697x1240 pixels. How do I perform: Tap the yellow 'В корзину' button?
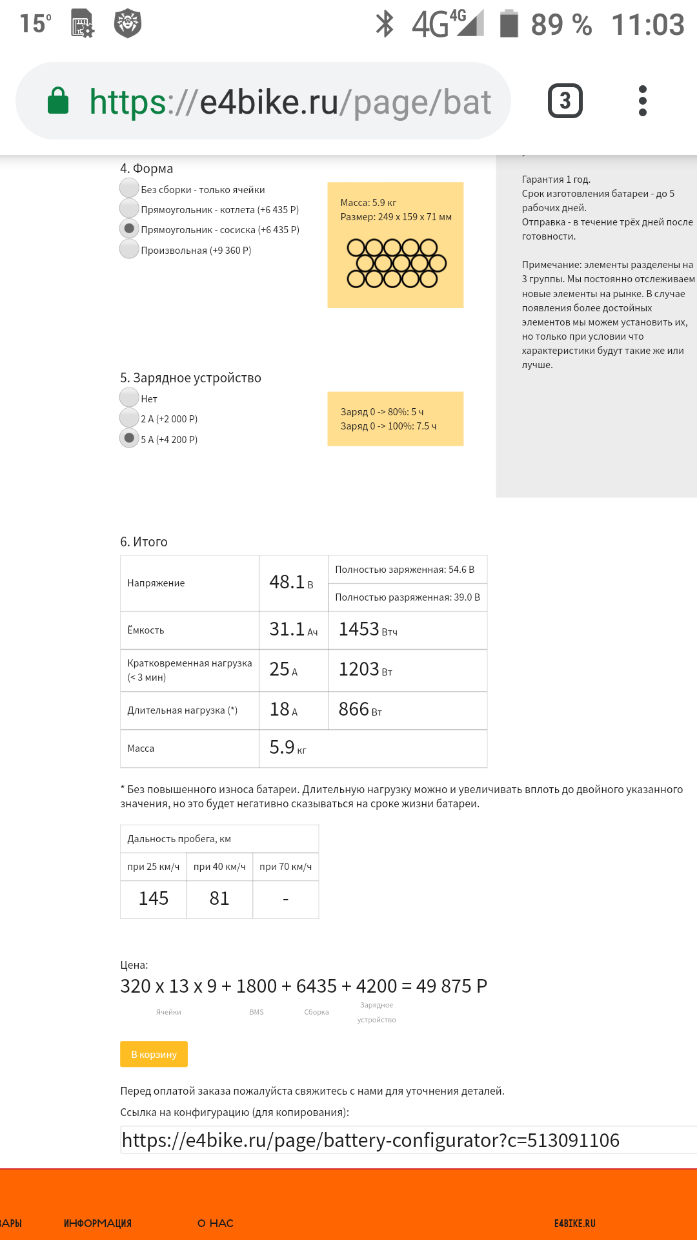(154, 1054)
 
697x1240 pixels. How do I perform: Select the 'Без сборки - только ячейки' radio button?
(129, 188)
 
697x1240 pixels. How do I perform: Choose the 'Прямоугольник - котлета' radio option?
(129, 208)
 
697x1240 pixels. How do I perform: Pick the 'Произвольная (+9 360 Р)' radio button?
(129, 249)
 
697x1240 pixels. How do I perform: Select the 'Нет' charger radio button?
(129, 397)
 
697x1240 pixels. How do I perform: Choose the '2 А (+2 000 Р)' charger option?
(129, 418)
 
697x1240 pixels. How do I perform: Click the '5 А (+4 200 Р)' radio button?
(129, 438)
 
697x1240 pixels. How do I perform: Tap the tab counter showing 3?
(565, 101)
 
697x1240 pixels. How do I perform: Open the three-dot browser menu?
(642, 101)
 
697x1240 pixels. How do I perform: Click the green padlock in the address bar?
(58, 101)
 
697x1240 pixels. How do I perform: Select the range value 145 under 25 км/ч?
(154, 898)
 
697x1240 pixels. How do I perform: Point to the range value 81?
(219, 898)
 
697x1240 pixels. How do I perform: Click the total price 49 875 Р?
(451, 986)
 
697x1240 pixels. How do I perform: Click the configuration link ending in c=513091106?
(370, 1141)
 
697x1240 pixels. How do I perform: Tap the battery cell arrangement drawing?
(396, 263)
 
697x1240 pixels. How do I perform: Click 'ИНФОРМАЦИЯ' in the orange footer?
(97, 1223)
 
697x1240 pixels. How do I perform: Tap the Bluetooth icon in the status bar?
(385, 25)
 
